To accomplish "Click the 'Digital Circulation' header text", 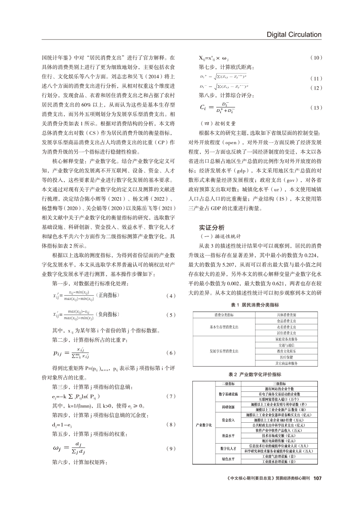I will point(294,34).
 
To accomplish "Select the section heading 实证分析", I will point(212,228).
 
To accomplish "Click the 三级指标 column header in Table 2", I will point(285,383).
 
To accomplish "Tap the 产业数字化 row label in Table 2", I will point(204,425).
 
